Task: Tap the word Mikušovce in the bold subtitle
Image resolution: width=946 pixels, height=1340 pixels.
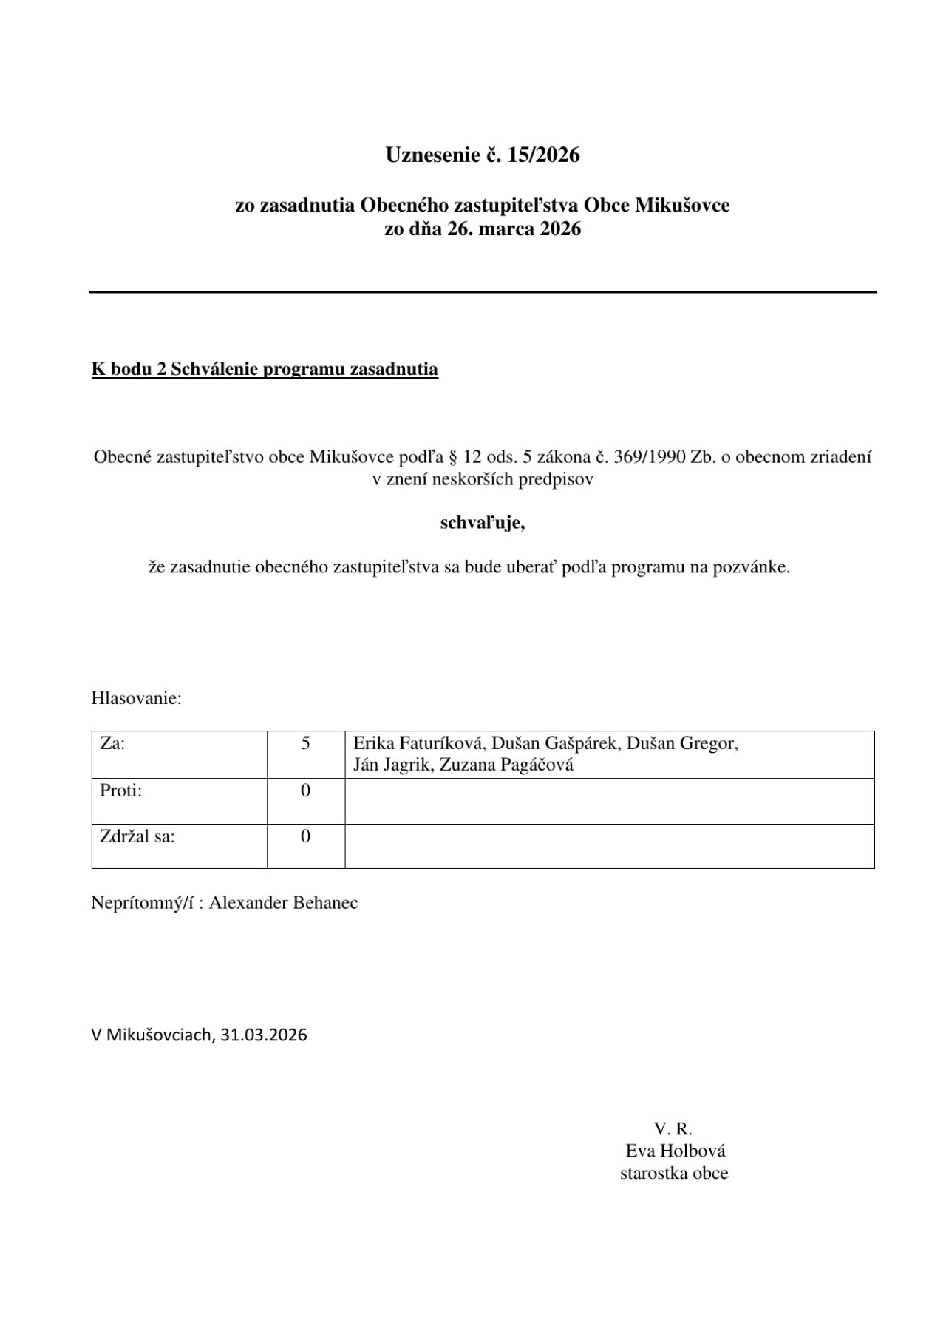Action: click(681, 205)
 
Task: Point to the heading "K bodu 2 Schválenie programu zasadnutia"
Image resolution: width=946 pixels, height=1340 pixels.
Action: click(265, 369)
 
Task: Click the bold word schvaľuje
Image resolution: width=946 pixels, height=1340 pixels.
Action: click(482, 524)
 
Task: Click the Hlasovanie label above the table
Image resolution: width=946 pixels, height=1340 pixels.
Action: click(136, 698)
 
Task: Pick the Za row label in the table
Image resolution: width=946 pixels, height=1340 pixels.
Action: click(112, 743)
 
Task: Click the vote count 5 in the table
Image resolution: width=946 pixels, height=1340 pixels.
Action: click(305, 743)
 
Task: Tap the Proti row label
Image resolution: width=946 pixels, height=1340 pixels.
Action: click(120, 791)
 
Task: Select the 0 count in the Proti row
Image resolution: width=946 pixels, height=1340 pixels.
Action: click(305, 791)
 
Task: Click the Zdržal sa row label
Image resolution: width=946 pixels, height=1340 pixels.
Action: click(137, 836)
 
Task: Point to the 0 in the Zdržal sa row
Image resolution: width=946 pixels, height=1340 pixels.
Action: click(305, 836)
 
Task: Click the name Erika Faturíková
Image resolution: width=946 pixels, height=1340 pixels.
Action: click(418, 743)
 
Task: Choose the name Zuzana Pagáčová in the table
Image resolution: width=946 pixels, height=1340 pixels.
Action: click(506, 765)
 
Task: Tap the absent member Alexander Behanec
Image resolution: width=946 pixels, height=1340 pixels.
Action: click(283, 903)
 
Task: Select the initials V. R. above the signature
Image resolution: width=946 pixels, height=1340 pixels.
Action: click(673, 1128)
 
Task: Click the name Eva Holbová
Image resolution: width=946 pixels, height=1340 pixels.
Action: click(675, 1151)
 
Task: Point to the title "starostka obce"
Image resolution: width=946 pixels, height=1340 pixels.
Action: click(674, 1173)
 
